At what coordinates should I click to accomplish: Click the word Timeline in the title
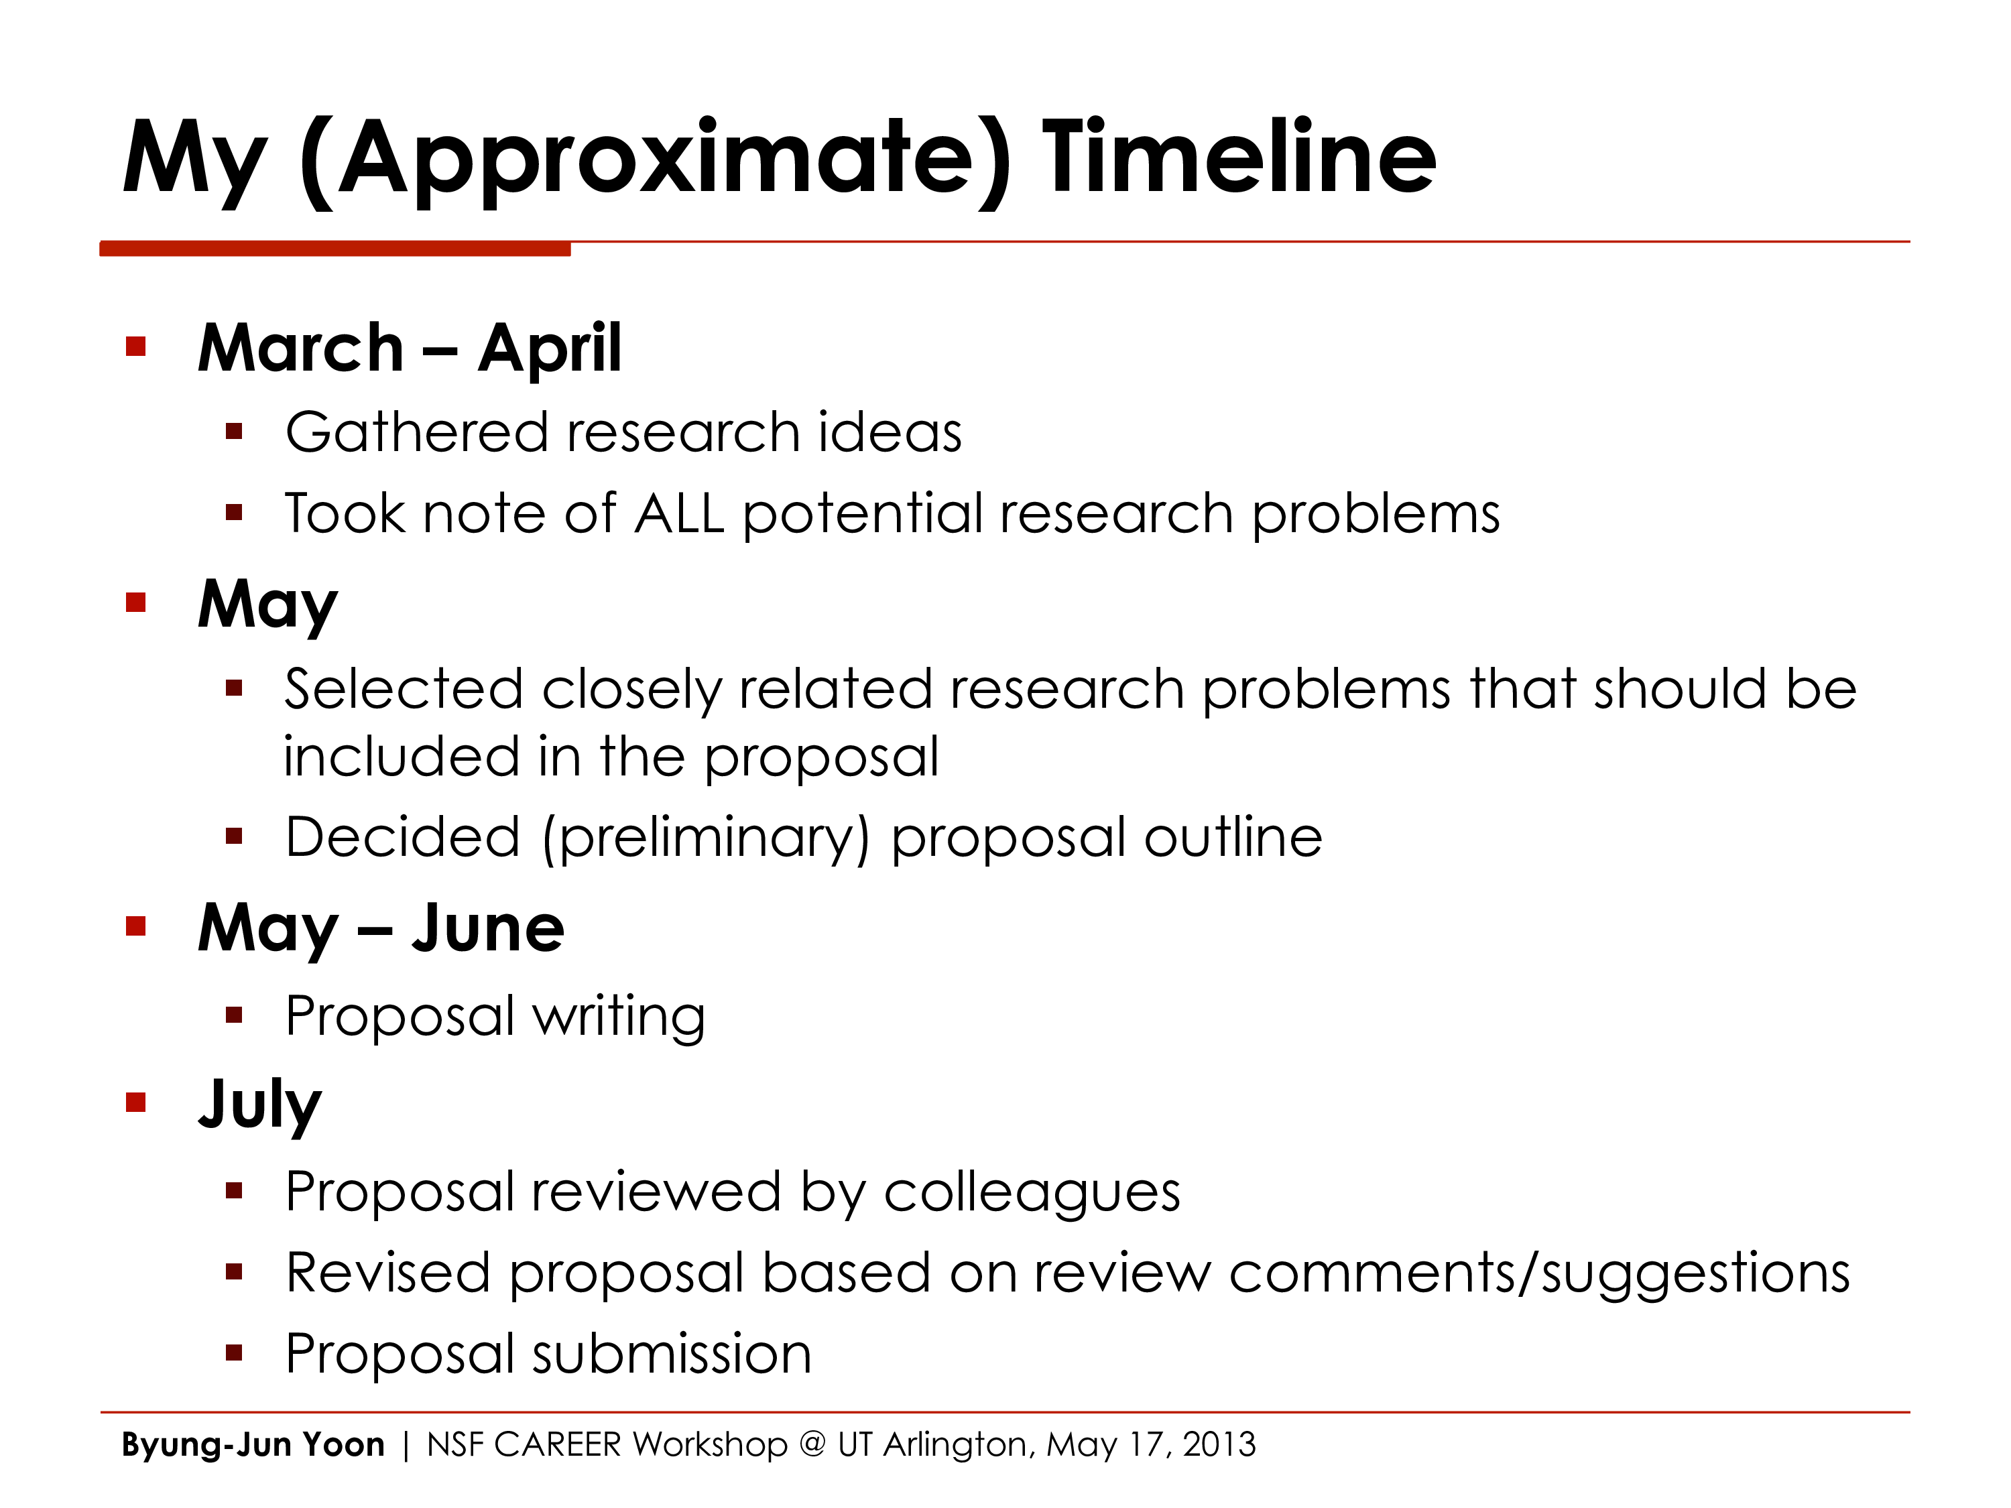[1238, 159]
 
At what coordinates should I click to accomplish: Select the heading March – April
[409, 348]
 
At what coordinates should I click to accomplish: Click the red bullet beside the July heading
[136, 1103]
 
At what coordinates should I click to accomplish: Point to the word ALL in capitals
[679, 513]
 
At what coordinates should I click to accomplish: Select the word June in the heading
[487, 928]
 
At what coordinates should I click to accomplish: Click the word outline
[1233, 837]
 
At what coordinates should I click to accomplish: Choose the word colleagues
[1032, 1192]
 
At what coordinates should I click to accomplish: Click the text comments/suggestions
[1539, 1273]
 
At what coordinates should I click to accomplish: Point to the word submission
[672, 1353]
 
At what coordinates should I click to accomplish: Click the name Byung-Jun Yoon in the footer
[253, 1444]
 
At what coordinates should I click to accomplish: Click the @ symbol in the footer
[812, 1444]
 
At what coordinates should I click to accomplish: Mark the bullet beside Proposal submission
[235, 1353]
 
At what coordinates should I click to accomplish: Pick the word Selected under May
[404, 689]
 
